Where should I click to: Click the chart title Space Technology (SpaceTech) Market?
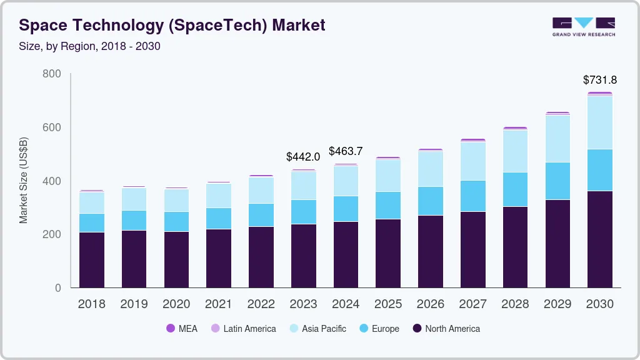point(172,26)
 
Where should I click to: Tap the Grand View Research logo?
point(583,27)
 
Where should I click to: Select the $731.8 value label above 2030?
point(599,80)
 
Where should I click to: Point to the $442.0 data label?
point(303,156)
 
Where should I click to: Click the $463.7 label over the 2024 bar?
point(346,151)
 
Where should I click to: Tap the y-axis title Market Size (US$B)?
point(24,180)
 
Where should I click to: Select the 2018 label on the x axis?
point(91,304)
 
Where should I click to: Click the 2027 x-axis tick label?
point(472,304)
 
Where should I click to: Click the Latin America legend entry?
point(243,329)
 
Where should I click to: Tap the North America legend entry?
point(446,329)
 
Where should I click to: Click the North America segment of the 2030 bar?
point(599,239)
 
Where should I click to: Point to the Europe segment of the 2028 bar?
point(515,189)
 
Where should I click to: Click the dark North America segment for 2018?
point(91,260)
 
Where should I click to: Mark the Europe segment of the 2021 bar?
point(219,218)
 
